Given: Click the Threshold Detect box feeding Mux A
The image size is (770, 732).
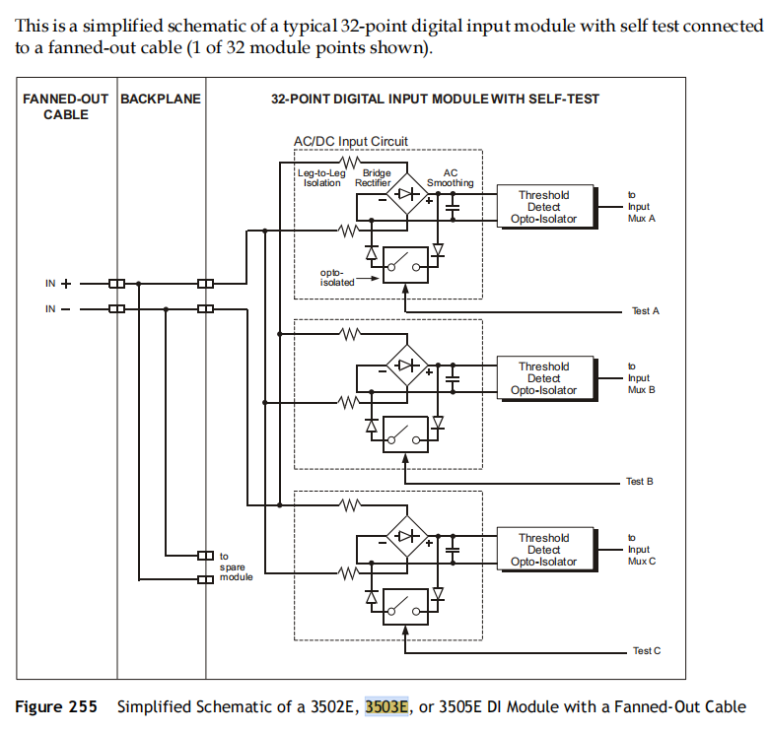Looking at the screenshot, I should pos(543,207).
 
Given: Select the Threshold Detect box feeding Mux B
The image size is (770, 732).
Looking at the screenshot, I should pos(543,378).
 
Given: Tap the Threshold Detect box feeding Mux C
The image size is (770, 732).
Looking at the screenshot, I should pos(543,550).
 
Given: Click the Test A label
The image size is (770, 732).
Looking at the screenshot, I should pos(645,310).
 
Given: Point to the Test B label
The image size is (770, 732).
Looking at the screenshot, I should pos(640,482).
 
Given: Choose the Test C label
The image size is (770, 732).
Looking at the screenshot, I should pos(646,651).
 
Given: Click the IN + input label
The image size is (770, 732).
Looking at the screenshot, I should pos(58,284).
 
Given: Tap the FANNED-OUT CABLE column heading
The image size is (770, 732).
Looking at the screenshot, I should pos(66,106).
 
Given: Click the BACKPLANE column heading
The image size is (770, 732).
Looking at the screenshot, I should pos(161,100).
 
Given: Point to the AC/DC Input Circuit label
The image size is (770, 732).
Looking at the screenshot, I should pos(350,142).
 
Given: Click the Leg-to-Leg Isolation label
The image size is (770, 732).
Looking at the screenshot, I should pos(321,177).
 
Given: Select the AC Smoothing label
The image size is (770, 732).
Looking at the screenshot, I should pos(450,177).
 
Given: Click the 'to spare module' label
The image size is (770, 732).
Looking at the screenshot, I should pos(238,566).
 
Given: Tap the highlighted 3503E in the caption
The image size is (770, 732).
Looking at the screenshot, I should pos(386,706).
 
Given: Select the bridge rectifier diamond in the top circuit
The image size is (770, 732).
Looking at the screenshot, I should pos(405,194).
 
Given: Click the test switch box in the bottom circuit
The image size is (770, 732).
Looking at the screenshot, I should pos(405,605).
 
